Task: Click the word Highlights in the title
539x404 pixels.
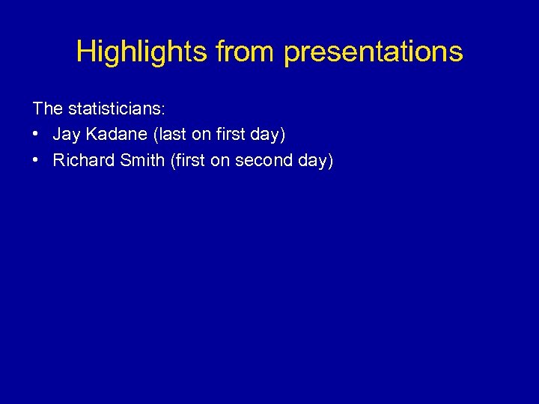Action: pos(141,52)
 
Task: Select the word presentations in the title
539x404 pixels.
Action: pos(374,52)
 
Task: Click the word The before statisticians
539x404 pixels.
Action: pos(48,108)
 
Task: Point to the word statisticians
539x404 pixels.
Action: pos(115,108)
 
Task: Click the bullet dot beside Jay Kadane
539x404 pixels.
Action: pos(37,135)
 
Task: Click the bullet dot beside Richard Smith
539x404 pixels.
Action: pos(37,160)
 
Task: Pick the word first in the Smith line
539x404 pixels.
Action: pos(186,160)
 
